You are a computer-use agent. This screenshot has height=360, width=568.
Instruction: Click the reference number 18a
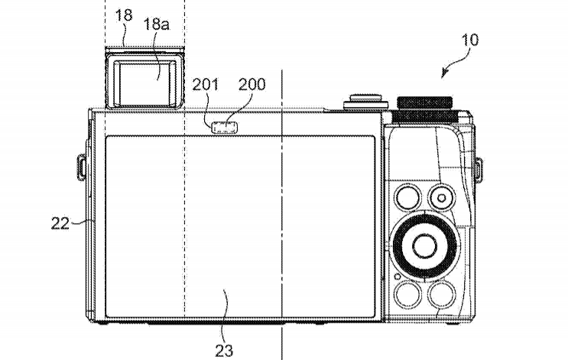(x=156, y=24)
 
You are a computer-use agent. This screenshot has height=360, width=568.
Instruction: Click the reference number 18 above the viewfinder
(x=124, y=15)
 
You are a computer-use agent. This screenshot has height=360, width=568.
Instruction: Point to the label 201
(x=206, y=84)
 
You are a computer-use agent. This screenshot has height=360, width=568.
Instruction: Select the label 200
(x=252, y=84)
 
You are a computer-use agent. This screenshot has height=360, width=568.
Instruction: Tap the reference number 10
(x=469, y=40)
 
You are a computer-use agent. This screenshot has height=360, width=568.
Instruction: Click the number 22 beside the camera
(x=60, y=223)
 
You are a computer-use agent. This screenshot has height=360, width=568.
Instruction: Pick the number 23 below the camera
(x=224, y=350)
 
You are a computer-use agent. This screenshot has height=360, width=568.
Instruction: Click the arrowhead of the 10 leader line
(x=443, y=74)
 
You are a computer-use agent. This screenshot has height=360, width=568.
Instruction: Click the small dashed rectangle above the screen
(x=225, y=128)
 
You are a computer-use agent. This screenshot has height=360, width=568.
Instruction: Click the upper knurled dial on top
(x=424, y=102)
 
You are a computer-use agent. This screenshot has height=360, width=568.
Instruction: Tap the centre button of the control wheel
(x=424, y=246)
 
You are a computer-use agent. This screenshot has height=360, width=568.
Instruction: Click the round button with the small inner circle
(x=442, y=198)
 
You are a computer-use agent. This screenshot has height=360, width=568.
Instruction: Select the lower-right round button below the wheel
(x=442, y=294)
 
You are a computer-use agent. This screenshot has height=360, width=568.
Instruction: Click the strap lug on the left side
(x=82, y=167)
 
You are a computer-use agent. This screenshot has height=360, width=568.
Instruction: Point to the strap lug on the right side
(x=479, y=170)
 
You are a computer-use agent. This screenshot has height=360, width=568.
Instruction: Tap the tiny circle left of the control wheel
(x=398, y=277)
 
